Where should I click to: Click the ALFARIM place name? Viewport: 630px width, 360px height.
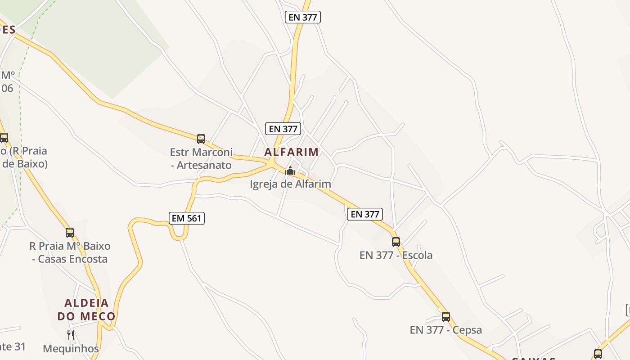tap(291, 152)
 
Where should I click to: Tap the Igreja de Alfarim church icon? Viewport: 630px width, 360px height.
tap(290, 171)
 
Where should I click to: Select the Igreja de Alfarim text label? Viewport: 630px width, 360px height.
tap(290, 184)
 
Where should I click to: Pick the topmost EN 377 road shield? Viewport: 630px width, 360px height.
tap(303, 18)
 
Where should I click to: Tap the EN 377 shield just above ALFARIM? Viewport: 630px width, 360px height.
tap(283, 129)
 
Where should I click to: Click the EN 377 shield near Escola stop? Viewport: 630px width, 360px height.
tap(365, 214)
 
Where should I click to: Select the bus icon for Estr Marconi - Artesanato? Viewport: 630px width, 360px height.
tap(201, 139)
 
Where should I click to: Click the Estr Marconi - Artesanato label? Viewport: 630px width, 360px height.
tap(201, 158)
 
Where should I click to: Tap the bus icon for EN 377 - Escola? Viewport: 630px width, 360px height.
tap(396, 242)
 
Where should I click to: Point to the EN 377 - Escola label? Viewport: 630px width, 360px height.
tap(396, 255)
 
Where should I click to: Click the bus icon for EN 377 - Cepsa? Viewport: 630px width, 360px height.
tap(446, 316)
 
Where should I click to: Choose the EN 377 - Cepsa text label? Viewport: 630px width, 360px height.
tap(445, 330)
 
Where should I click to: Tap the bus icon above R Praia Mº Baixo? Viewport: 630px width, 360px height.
tap(70, 233)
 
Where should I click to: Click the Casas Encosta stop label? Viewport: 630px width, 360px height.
tap(70, 252)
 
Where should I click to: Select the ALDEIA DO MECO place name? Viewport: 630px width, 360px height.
tap(86, 309)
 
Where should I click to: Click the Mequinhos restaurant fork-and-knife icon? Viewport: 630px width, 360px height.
tap(71, 335)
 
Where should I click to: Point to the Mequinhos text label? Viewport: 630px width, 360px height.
tap(71, 349)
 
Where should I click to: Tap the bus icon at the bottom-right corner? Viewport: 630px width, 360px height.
tap(598, 354)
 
